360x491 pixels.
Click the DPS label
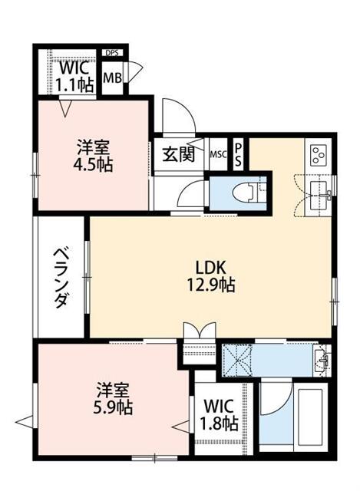tap(112, 53)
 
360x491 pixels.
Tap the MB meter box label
tap(113, 77)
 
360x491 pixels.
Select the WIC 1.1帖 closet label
tap(74, 77)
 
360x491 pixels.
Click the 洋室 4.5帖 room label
tap(93, 156)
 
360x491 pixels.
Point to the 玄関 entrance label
tap(178, 154)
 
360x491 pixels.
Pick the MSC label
tap(218, 154)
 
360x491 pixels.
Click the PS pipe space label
tap(239, 155)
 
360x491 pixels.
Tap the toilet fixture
tap(246, 192)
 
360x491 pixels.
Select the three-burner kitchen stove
tap(319, 155)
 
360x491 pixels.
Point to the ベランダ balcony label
tap(61, 277)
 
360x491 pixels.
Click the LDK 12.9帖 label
tap(210, 276)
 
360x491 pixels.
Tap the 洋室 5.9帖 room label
tap(113, 398)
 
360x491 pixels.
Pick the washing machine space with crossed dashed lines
tap(237, 361)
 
